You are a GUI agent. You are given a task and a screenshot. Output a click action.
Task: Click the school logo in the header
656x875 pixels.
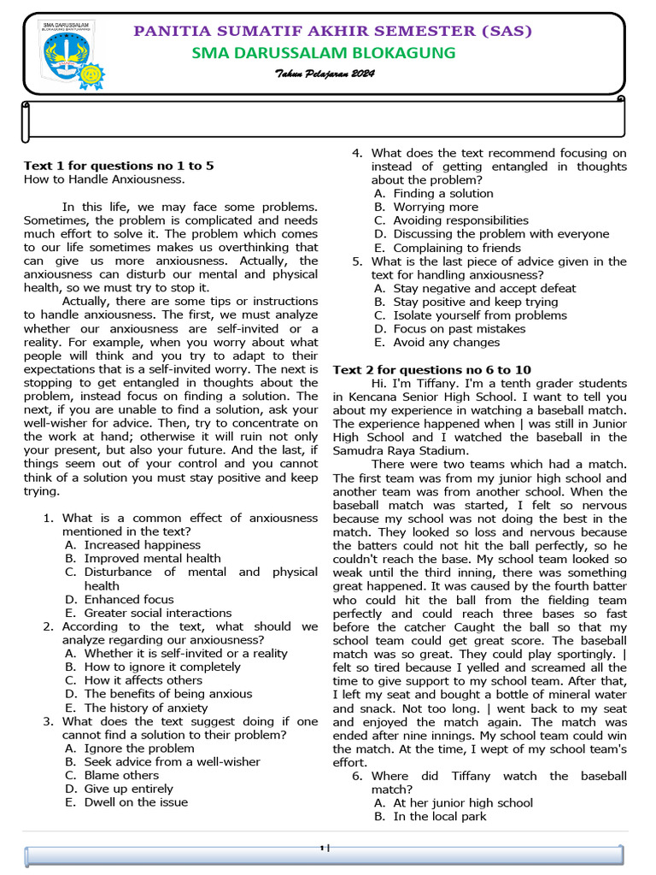click(x=71, y=53)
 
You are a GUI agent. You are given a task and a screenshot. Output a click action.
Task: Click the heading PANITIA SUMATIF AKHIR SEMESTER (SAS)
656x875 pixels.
click(x=333, y=32)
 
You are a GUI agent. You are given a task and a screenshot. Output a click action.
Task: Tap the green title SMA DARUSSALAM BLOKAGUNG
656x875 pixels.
click(x=324, y=53)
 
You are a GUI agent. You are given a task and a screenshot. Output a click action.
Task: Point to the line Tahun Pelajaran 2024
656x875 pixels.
click(x=325, y=74)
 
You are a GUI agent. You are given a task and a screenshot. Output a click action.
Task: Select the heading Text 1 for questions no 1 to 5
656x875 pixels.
click(x=119, y=166)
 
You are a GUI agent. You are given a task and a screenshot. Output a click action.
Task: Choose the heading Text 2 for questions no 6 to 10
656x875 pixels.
click(x=431, y=370)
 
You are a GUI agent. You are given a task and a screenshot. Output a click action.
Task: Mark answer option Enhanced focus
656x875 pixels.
click(x=128, y=600)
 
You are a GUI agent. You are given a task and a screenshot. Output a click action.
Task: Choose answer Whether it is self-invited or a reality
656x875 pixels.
click(x=185, y=654)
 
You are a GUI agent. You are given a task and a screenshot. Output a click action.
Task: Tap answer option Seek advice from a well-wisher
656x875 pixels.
click(x=172, y=761)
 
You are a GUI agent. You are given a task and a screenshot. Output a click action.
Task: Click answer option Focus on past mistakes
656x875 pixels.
click(x=459, y=329)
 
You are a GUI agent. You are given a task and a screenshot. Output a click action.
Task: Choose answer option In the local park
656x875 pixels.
click(x=439, y=816)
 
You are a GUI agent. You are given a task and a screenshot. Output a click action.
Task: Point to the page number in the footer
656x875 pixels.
click(x=323, y=848)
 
